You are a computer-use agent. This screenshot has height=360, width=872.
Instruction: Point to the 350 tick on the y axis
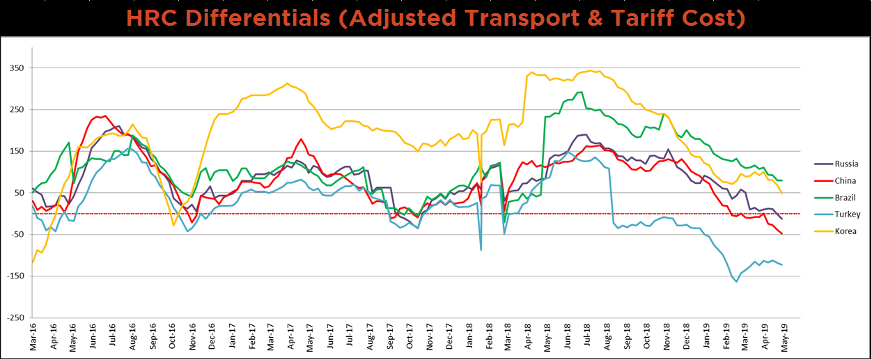[15, 68]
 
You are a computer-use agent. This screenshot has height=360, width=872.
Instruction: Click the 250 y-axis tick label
[15, 110]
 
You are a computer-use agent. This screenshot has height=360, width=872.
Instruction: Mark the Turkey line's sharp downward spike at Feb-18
[481, 249]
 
